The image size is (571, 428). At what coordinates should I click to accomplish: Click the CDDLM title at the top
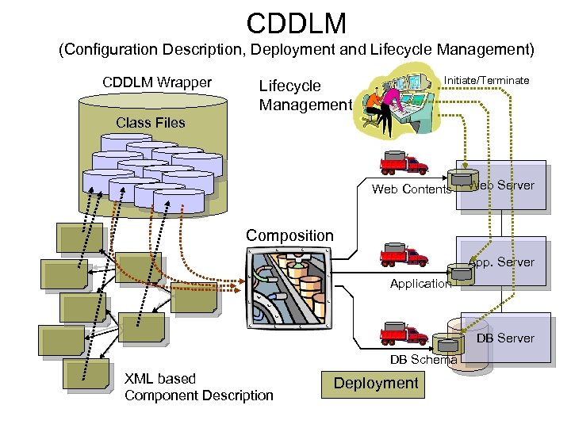coord(297,21)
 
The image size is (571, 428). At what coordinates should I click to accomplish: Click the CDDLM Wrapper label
coord(157,82)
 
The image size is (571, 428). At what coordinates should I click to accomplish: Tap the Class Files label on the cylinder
coord(150,123)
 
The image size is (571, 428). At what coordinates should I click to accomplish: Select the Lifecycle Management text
coord(305,95)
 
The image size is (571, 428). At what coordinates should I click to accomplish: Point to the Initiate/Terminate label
coord(486,80)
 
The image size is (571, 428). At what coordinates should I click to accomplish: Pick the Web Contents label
coord(411,189)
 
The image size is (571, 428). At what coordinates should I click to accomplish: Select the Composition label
coord(289,235)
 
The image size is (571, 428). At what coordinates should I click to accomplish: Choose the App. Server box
coord(501,262)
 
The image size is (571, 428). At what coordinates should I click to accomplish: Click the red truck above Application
coord(404,255)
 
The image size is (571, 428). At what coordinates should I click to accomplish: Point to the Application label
coord(420,284)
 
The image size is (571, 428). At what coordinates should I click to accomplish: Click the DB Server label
coord(505,338)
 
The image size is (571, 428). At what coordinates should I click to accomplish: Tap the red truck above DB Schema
coord(404,332)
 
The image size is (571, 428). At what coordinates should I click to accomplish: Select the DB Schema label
coord(423,360)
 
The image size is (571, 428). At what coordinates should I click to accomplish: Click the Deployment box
coord(375,384)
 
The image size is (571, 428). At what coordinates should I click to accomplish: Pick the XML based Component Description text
coord(198,387)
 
